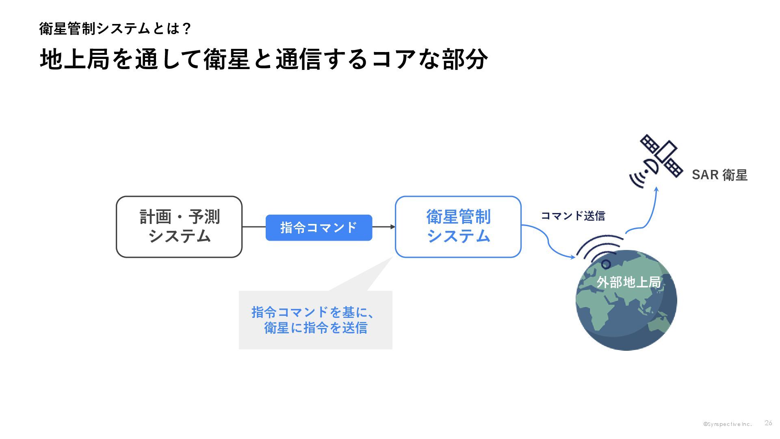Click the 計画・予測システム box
pos(179,227)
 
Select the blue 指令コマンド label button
pos(319,228)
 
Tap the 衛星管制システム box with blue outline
pos(458,227)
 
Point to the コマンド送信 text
pos(573,216)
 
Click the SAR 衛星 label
pos(719,175)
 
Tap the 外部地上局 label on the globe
pos(628,282)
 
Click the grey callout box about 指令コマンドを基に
pos(316,320)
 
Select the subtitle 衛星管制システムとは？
pos(115,28)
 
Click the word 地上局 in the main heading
pos(75,59)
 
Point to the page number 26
pos(768,423)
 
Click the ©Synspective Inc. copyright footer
pos(728,424)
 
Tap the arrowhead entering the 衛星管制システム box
pos(392,227)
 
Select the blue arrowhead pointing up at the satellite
pos(656,189)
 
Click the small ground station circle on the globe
pos(606,265)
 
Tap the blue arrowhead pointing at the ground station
pos(573,257)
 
